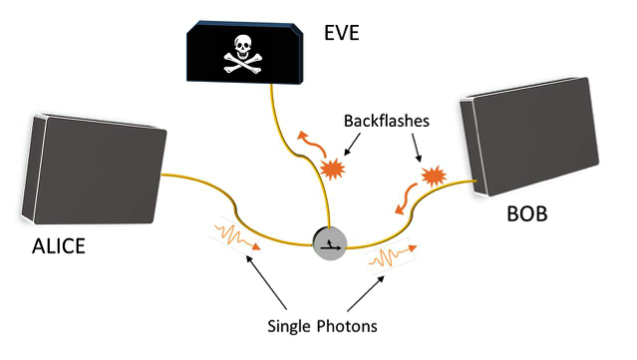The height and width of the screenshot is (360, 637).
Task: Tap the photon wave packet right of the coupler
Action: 391,261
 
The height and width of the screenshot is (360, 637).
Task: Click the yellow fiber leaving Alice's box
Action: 209,204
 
